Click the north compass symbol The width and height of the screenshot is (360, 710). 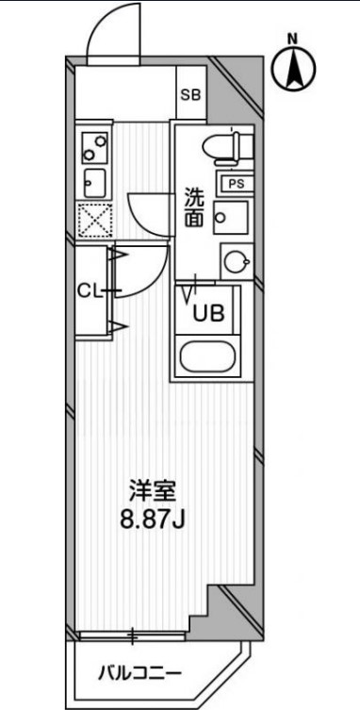tap(293, 68)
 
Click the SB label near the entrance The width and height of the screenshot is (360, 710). tap(190, 93)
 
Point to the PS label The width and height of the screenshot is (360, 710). tap(233, 184)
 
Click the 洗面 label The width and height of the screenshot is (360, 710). tap(194, 208)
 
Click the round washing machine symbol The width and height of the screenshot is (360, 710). tap(236, 259)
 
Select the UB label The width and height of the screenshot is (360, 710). tap(208, 315)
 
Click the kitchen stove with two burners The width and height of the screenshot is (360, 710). tap(95, 146)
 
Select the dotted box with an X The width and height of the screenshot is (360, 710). tap(95, 219)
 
